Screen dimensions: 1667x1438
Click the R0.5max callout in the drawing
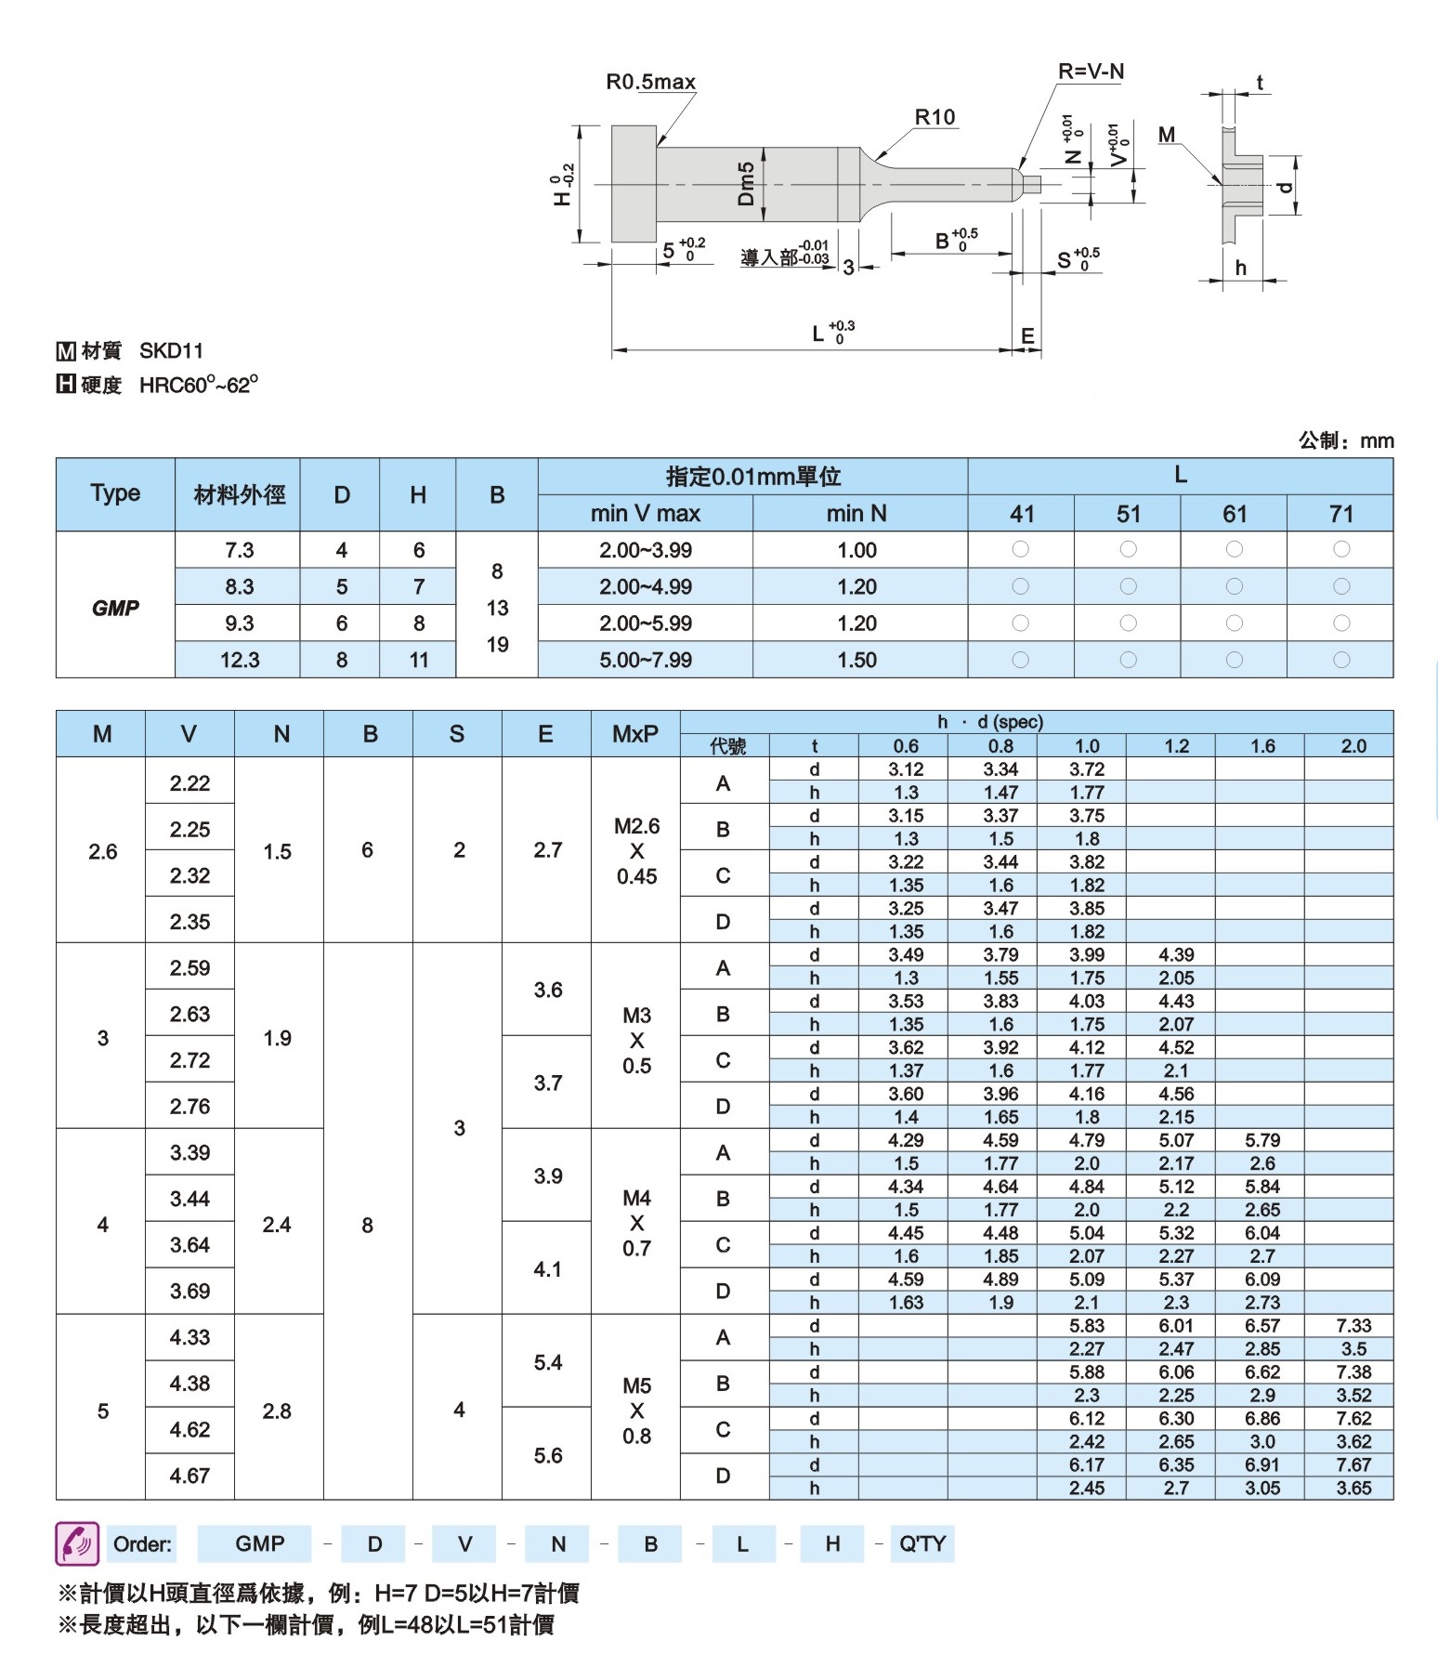[650, 82]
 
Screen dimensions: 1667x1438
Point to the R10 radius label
[935, 117]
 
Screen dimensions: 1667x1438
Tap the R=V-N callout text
[1091, 72]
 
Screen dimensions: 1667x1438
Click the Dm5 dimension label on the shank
[746, 183]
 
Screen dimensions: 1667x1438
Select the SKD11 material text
[171, 350]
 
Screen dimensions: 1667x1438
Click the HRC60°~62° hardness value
[199, 385]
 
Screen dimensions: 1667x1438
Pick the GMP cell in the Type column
[115, 608]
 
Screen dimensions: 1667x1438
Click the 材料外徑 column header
[239, 494]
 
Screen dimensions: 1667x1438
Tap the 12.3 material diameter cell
[239, 660]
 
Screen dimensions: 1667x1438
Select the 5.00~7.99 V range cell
[646, 660]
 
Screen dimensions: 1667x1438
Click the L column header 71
[1340, 514]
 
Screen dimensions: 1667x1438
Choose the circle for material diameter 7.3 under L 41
[1020, 549]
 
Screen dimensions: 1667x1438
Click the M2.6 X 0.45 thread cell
[636, 850]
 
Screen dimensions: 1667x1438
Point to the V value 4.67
[190, 1476]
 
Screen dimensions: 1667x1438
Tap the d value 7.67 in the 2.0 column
[1353, 1464]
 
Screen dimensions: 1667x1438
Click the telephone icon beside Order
[77, 1543]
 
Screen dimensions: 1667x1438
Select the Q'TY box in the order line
[922, 1543]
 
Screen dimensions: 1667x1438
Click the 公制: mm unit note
[1345, 440]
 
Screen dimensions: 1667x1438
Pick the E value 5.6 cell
[547, 1455]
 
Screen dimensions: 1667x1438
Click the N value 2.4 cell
[277, 1225]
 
